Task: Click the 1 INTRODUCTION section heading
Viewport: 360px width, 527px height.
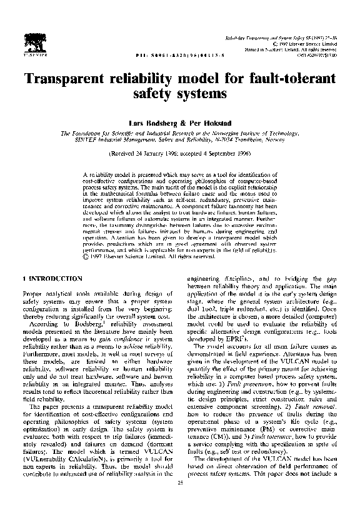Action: click(x=51, y=278)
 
